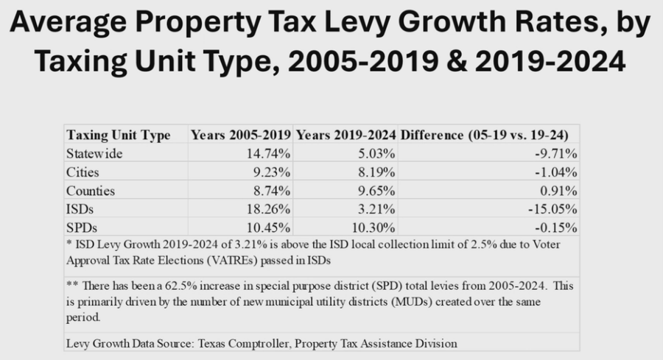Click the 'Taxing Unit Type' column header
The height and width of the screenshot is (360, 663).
119,135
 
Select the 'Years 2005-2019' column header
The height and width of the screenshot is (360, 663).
240,135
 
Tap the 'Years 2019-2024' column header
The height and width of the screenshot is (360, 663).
346,135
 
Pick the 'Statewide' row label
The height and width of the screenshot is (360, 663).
95,153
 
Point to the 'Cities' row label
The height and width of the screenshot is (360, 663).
83,172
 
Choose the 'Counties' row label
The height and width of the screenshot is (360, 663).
90,189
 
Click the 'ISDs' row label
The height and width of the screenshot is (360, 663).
80,208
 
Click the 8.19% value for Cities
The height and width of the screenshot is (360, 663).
377,172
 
